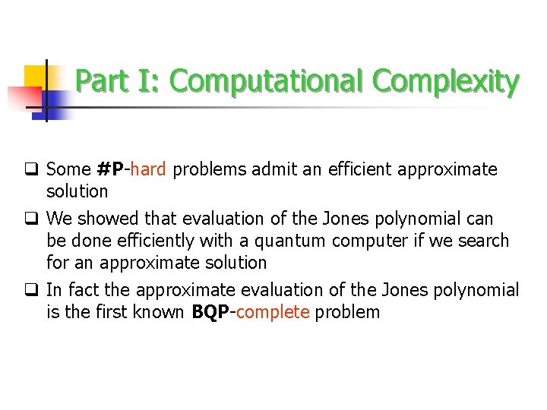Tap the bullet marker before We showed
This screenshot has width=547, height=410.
[x=35, y=219]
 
